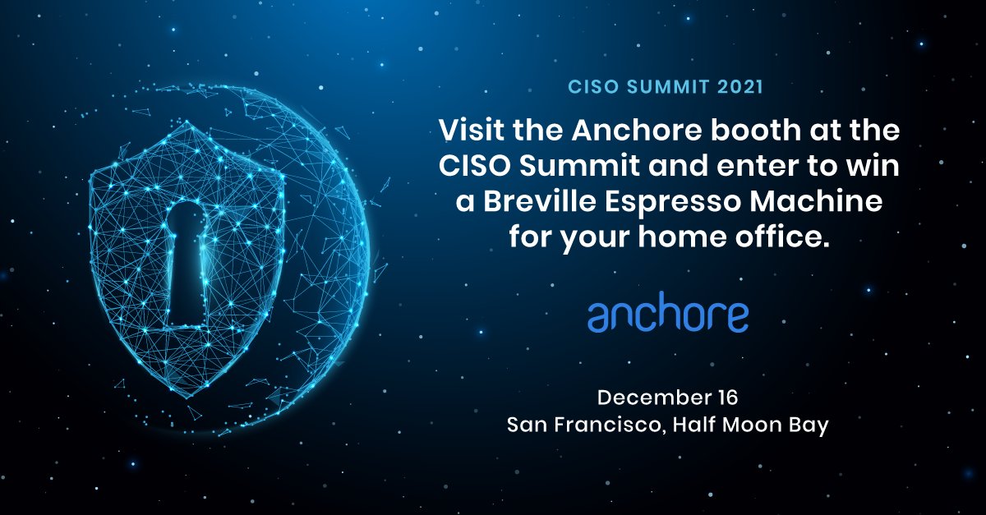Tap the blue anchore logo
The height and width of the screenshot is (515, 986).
(668, 315)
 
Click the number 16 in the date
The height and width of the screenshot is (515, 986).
(726, 398)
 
